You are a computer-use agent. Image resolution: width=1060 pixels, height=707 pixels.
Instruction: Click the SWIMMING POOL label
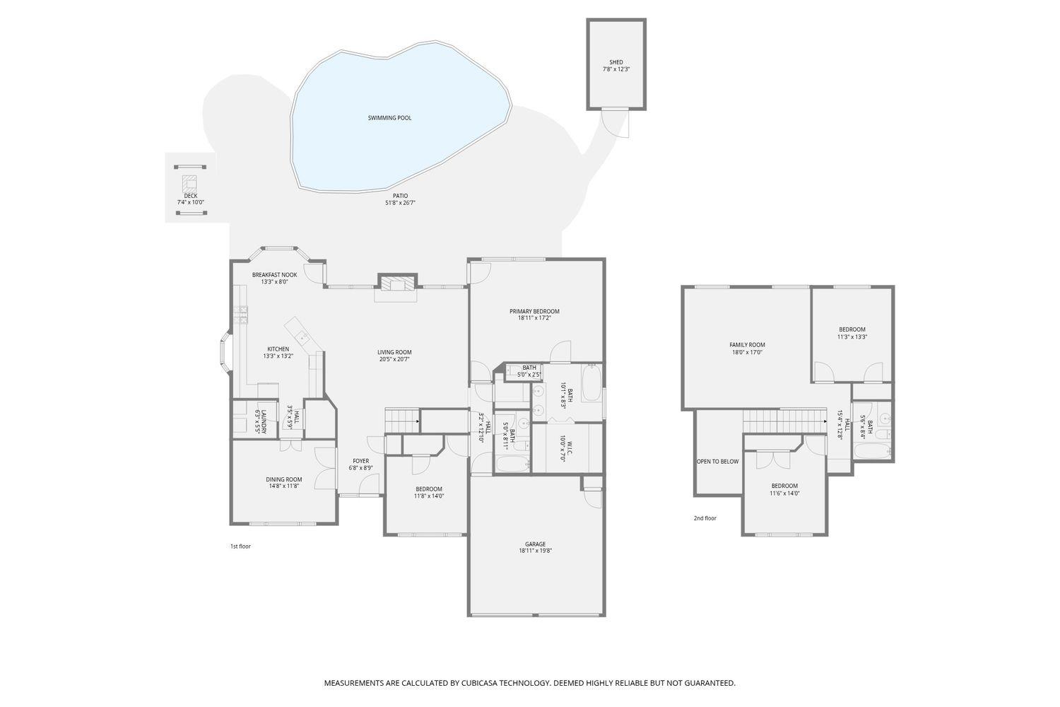tap(389, 118)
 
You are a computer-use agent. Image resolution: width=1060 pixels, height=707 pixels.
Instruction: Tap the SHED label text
tap(616, 62)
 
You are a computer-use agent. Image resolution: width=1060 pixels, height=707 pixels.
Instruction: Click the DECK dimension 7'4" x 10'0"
tap(190, 203)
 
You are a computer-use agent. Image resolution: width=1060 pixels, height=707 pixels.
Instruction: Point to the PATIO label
tap(400, 196)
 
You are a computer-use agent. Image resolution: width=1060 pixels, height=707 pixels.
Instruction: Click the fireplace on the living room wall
tap(397, 284)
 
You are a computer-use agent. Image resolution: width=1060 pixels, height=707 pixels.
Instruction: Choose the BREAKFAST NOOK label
tap(274, 275)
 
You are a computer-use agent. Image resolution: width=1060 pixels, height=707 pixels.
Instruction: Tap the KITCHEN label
tap(278, 349)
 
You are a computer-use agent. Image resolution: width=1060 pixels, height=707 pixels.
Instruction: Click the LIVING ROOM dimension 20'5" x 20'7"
tap(394, 359)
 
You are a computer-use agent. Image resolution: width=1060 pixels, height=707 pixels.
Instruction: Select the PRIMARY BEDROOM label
tap(534, 312)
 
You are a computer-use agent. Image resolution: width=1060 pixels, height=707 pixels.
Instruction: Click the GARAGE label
tap(535, 544)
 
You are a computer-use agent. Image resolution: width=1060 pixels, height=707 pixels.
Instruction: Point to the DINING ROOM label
tap(283, 479)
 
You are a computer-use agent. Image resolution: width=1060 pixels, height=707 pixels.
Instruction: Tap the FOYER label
tap(360, 461)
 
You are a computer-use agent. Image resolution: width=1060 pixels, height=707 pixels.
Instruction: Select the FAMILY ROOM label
tap(747, 345)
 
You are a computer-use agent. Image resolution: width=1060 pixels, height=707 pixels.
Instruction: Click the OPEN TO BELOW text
tap(717, 462)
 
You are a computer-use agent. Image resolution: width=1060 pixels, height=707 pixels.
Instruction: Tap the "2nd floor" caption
tap(705, 518)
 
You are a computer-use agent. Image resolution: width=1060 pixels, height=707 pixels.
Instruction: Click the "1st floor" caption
tap(240, 547)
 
